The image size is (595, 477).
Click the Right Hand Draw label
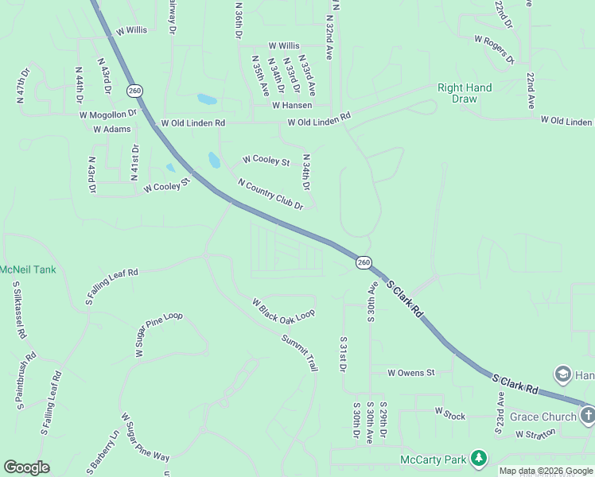[x=465, y=93]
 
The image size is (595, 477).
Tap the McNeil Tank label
[x=28, y=270]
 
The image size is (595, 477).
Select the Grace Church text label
[x=543, y=417]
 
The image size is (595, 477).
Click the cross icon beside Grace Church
[x=587, y=416]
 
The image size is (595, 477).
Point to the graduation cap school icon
[x=563, y=375]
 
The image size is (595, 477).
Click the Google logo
[x=26, y=467]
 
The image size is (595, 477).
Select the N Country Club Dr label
[x=270, y=195]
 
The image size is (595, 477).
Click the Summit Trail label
[x=299, y=353]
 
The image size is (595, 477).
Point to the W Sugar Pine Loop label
[x=159, y=335]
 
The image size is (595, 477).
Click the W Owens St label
[x=411, y=372]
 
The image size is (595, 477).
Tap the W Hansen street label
[x=292, y=105]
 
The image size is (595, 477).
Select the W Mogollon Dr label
[x=108, y=114]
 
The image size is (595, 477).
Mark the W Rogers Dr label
[x=495, y=49]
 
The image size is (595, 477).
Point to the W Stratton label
[x=539, y=435]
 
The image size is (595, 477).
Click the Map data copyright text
[x=546, y=471]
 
